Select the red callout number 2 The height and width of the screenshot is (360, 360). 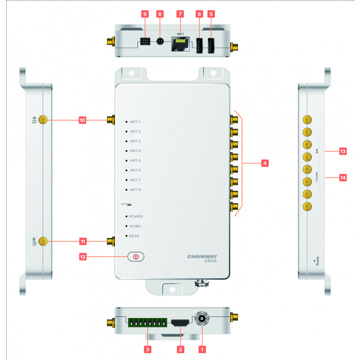click(179, 351)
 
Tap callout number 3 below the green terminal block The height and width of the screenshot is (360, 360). click(148, 351)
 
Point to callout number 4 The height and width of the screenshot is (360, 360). click(264, 161)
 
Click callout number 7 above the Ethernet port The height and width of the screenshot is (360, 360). click(179, 13)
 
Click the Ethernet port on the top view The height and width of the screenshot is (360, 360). click(179, 44)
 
